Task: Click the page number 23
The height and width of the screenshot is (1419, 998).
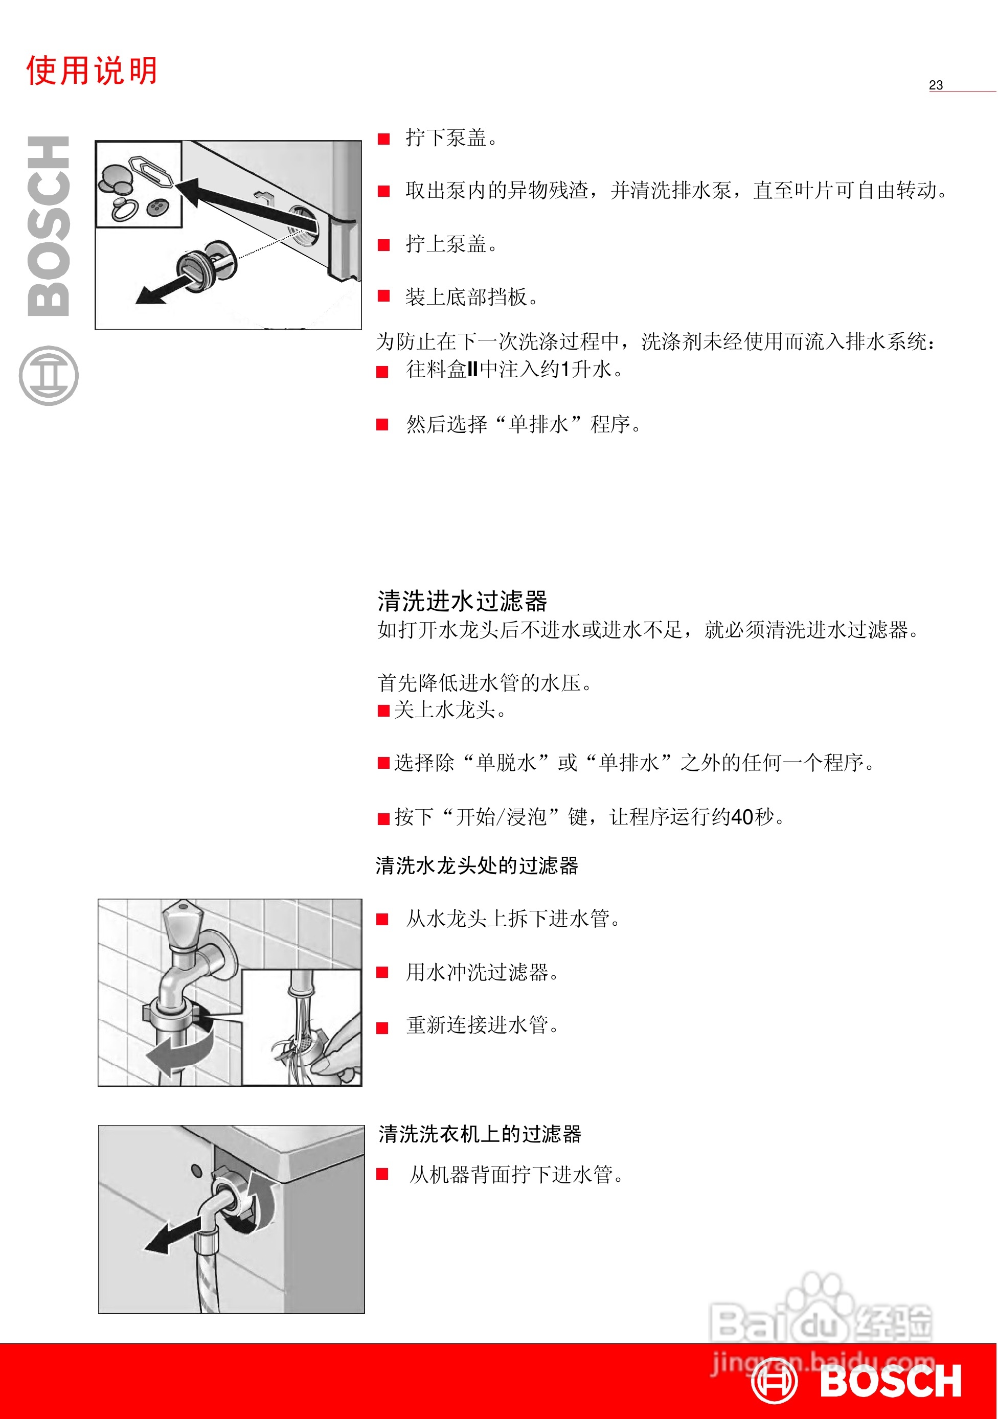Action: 935,85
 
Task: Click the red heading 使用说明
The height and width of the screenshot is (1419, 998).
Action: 92,71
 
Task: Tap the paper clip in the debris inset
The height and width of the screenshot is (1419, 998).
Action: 150,169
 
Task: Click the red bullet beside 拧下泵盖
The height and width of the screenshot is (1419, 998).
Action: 383,139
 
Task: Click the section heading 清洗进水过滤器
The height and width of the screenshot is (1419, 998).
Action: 462,601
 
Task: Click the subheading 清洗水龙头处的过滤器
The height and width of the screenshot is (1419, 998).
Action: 477,865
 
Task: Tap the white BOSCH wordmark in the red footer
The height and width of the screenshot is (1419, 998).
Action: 891,1382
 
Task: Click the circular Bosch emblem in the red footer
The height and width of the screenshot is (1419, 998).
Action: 774,1381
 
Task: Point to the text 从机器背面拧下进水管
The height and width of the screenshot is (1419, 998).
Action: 516,1174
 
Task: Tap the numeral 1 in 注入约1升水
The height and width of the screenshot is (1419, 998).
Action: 564,370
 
